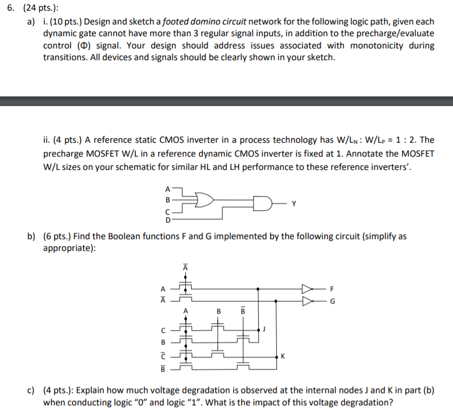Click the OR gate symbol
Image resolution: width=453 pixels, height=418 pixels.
pos(204,200)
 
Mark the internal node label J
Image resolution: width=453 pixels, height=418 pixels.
pos(265,330)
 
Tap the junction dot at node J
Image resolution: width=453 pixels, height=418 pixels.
pos(259,330)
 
